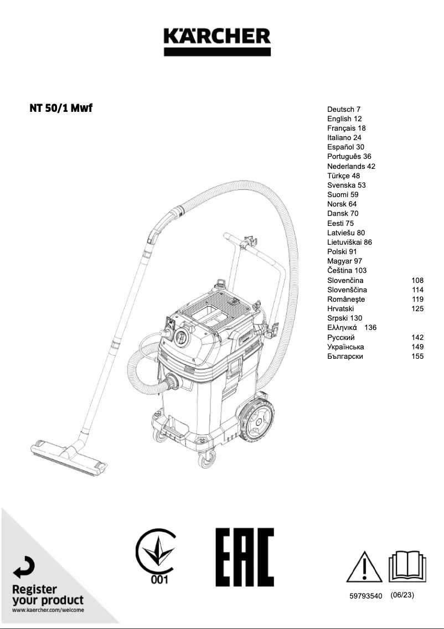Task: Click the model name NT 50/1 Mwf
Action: [61, 107]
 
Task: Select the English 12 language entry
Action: [344, 118]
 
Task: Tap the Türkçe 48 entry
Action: [343, 176]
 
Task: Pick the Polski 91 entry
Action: [342, 251]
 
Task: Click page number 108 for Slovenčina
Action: [417, 280]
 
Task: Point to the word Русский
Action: [341, 337]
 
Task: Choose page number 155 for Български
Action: [417, 356]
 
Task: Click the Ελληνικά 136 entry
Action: [352, 327]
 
